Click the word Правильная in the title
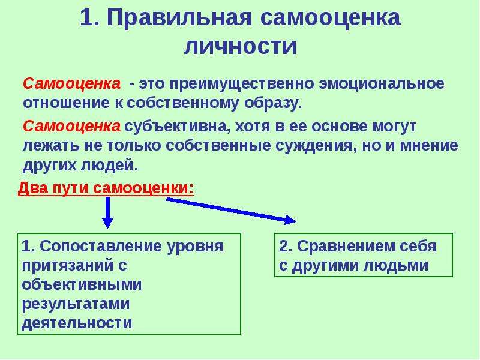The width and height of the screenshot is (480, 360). tap(179, 19)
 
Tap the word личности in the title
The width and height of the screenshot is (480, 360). tap(241, 47)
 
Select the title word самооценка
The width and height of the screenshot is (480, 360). tap(331, 19)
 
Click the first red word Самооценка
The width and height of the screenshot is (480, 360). tap(71, 83)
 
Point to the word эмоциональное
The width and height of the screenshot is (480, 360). tap(382, 83)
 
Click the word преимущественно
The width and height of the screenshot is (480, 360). tap(242, 84)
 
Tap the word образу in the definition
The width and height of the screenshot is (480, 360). tap(273, 103)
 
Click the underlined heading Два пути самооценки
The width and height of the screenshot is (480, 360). tap(106, 188)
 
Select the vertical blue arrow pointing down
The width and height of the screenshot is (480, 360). tap(107, 213)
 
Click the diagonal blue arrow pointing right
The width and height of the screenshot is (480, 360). tap(231, 211)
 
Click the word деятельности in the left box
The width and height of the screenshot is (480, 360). tap(77, 323)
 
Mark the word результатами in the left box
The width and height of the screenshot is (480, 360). tap(76, 304)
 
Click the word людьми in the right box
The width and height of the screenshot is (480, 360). tap(396, 265)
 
